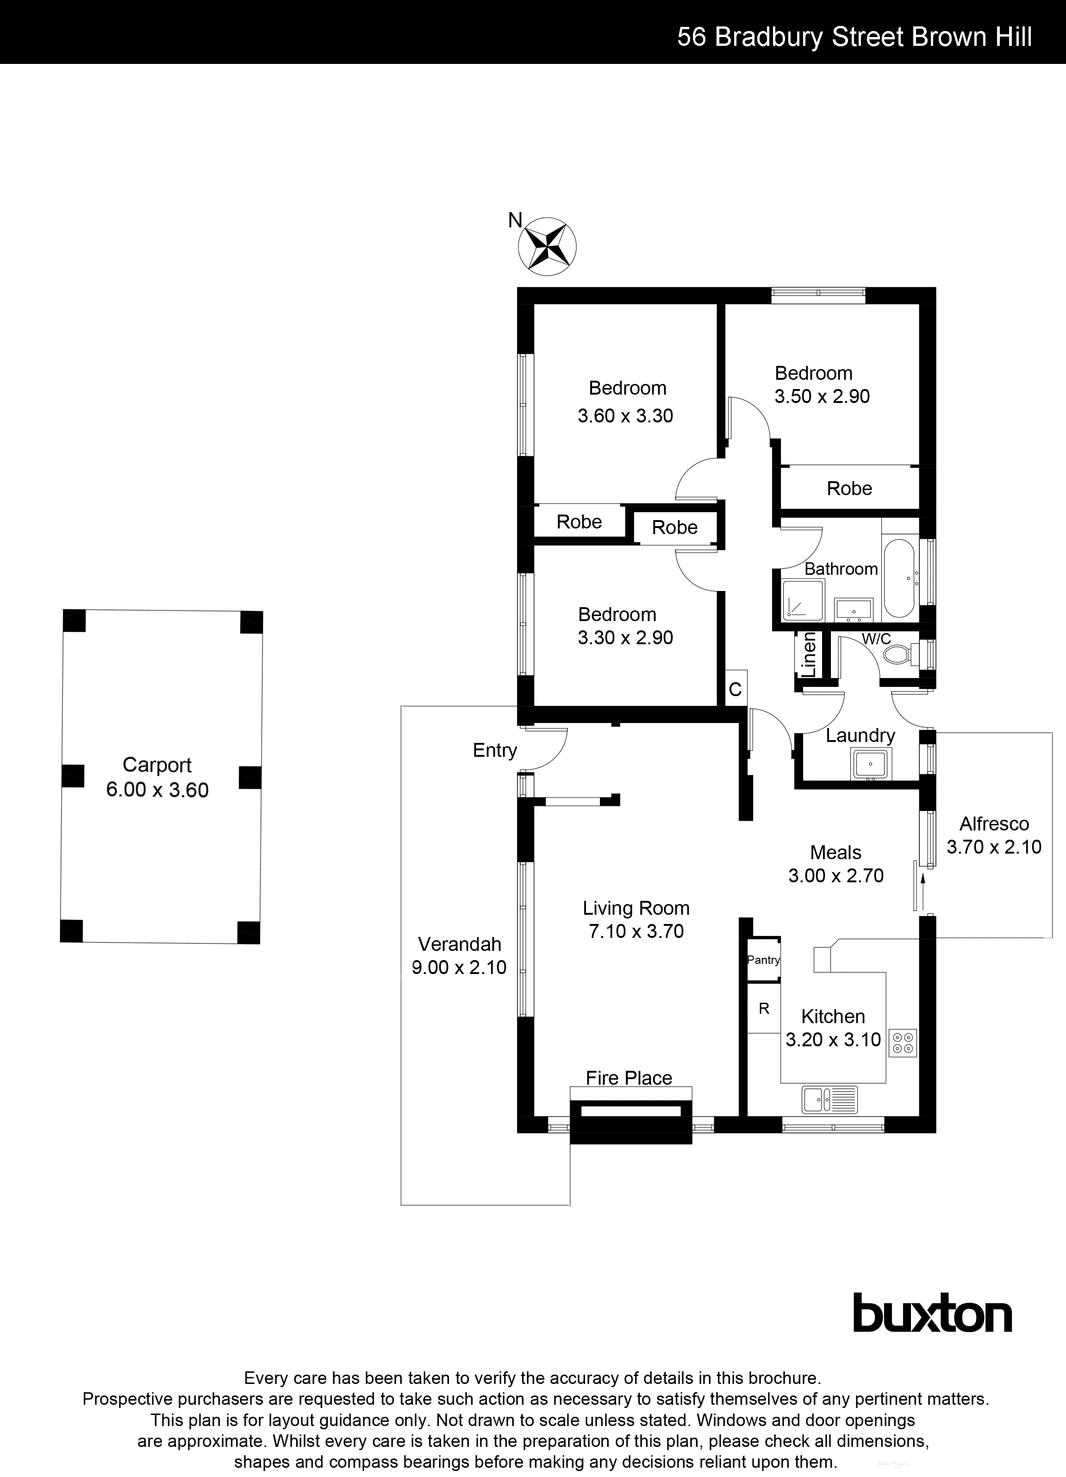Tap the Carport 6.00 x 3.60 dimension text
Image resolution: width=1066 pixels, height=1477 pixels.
pos(157,790)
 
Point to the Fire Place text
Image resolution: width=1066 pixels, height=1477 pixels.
pos(628,1078)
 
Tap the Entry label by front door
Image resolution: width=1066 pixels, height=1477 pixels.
pos(495,750)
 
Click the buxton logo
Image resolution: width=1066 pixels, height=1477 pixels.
pos(932,1314)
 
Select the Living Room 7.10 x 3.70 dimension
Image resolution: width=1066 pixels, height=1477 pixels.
pos(636,931)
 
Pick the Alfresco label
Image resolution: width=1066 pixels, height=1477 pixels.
pos(994,824)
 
